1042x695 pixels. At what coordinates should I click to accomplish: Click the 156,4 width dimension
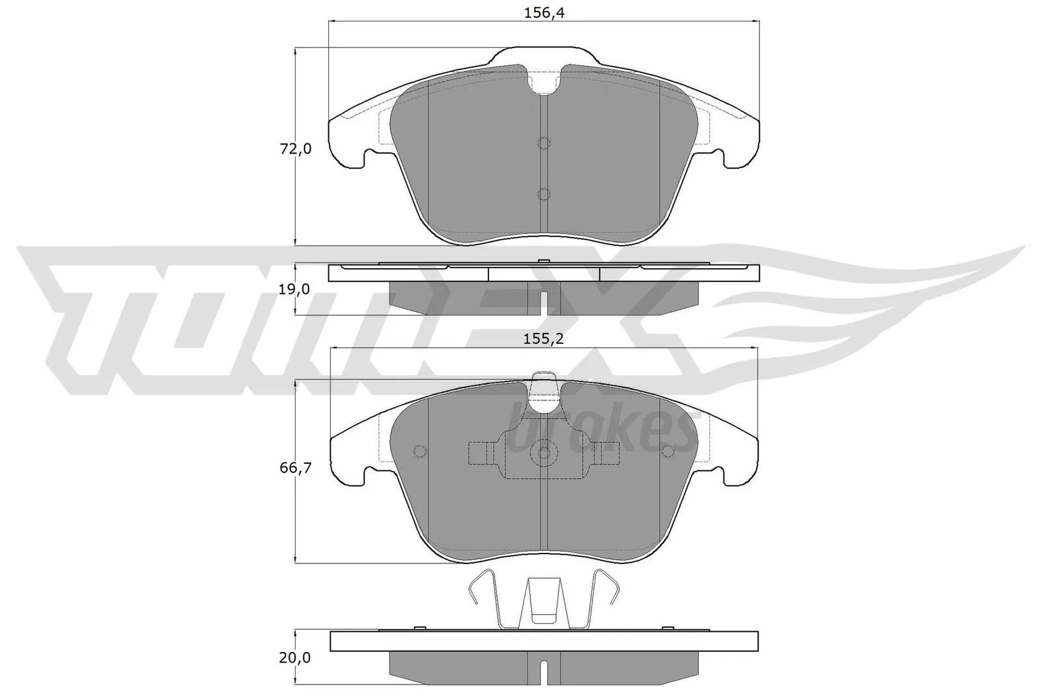[x=544, y=12]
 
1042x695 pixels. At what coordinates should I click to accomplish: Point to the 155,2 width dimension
[x=543, y=339]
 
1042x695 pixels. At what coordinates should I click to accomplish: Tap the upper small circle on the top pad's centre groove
[x=544, y=143]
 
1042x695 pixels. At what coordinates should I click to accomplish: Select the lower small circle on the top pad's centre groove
[x=544, y=194]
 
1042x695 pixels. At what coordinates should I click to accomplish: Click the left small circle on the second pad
[x=419, y=451]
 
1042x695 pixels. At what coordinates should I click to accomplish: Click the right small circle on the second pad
[x=668, y=451]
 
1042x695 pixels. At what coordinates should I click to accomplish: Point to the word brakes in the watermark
[x=599, y=430]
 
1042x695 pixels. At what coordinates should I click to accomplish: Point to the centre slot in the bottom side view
[x=544, y=672]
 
